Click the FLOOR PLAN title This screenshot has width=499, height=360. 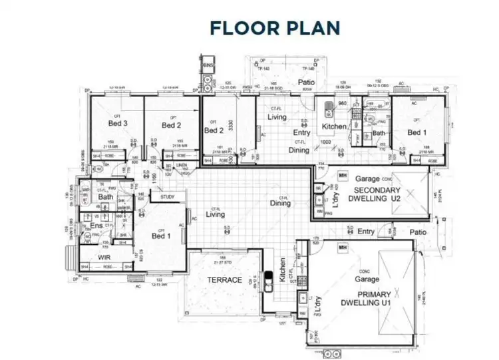point(275,27)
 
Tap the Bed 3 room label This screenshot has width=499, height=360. point(118,124)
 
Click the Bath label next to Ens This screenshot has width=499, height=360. point(106,197)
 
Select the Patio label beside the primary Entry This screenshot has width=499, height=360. point(418,232)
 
